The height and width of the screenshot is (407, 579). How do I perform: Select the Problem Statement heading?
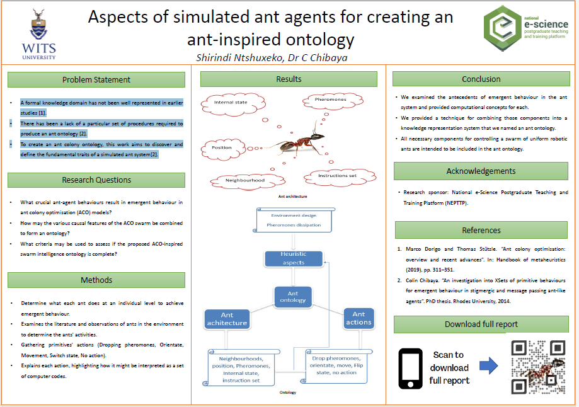pyautogui.click(x=96, y=79)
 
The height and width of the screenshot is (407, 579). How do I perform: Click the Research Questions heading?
pyautogui.click(x=96, y=180)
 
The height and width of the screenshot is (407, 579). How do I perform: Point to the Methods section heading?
pyautogui.click(x=96, y=280)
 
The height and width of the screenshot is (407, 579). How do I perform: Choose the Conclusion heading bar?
pyautogui.click(x=481, y=79)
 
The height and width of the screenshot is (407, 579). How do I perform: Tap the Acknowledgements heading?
pyautogui.click(x=481, y=171)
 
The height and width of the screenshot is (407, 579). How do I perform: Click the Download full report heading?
pyautogui.click(x=481, y=324)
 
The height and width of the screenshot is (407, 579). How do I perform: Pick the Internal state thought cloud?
pyautogui.click(x=231, y=102)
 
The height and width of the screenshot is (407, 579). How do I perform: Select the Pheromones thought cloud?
pyautogui.click(x=331, y=100)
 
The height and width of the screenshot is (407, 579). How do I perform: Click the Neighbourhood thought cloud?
pyautogui.click(x=245, y=180)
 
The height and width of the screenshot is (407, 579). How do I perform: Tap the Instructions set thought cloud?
pyautogui.click(x=336, y=175)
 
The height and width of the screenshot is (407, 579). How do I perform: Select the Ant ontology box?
pyautogui.click(x=293, y=297)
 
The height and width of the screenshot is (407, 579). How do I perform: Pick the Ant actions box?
pyautogui.click(x=358, y=318)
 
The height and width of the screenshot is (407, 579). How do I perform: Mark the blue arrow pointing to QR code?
pyautogui.click(x=489, y=365)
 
